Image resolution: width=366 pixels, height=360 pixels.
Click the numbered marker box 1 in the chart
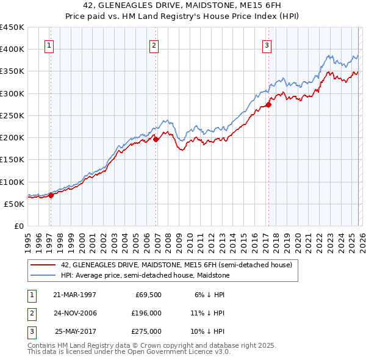pyautogui.click(x=48, y=45)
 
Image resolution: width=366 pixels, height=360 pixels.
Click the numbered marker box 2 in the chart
pyautogui.click(x=154, y=45)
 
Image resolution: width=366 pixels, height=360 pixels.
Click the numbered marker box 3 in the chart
pyautogui.click(x=267, y=45)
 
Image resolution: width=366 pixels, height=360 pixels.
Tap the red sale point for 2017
pyautogui.click(x=268, y=104)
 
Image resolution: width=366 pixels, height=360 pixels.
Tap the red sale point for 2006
pyautogui.click(x=156, y=139)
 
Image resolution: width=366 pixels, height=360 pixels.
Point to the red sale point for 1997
pyautogui.click(x=51, y=195)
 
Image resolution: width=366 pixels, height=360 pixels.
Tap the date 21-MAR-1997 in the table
pyautogui.click(x=74, y=294)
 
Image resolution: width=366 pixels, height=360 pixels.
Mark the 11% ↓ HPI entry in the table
pyautogui.click(x=207, y=313)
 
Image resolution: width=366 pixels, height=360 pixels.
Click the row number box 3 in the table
pyautogui.click(x=30, y=331)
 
